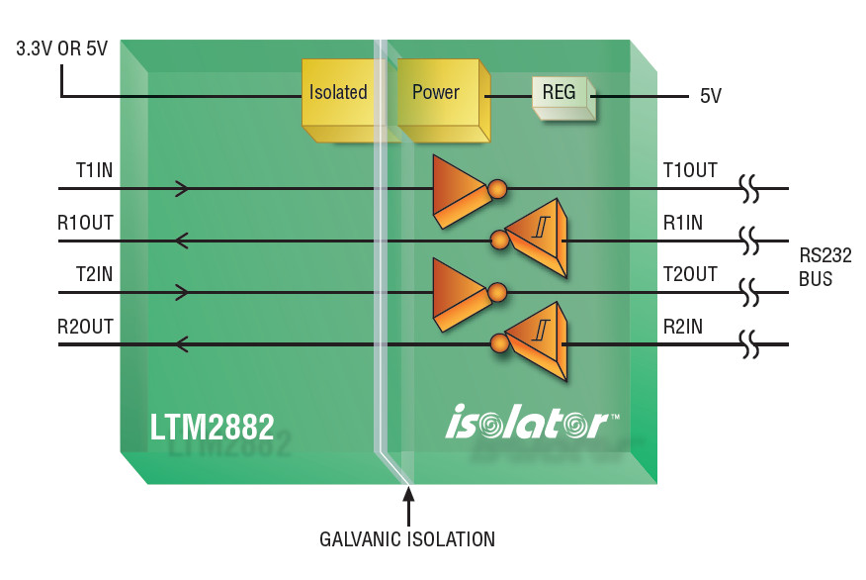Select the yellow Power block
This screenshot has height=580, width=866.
[x=443, y=100]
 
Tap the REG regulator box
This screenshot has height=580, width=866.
[x=563, y=98]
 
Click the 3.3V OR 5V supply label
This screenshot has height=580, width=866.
[x=62, y=48]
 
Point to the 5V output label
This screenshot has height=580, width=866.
[x=710, y=96]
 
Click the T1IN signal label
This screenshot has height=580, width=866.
[x=95, y=169]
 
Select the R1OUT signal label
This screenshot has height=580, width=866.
[x=85, y=223]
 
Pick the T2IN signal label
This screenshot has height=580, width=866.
[x=95, y=274]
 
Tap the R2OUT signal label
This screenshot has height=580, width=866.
[x=85, y=327]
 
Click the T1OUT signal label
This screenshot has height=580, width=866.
[x=690, y=169]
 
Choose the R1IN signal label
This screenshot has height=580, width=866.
[x=683, y=223]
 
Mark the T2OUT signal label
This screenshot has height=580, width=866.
[x=690, y=274]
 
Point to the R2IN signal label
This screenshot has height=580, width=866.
[x=683, y=327]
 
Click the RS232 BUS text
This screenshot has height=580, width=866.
[x=825, y=267]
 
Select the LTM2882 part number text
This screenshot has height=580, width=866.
[x=213, y=427]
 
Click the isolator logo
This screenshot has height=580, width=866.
[x=532, y=422]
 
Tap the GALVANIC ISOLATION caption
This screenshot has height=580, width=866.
[x=407, y=539]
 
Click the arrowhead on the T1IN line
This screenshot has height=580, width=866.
[x=182, y=188]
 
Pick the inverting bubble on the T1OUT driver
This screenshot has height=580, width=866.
[x=497, y=188]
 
